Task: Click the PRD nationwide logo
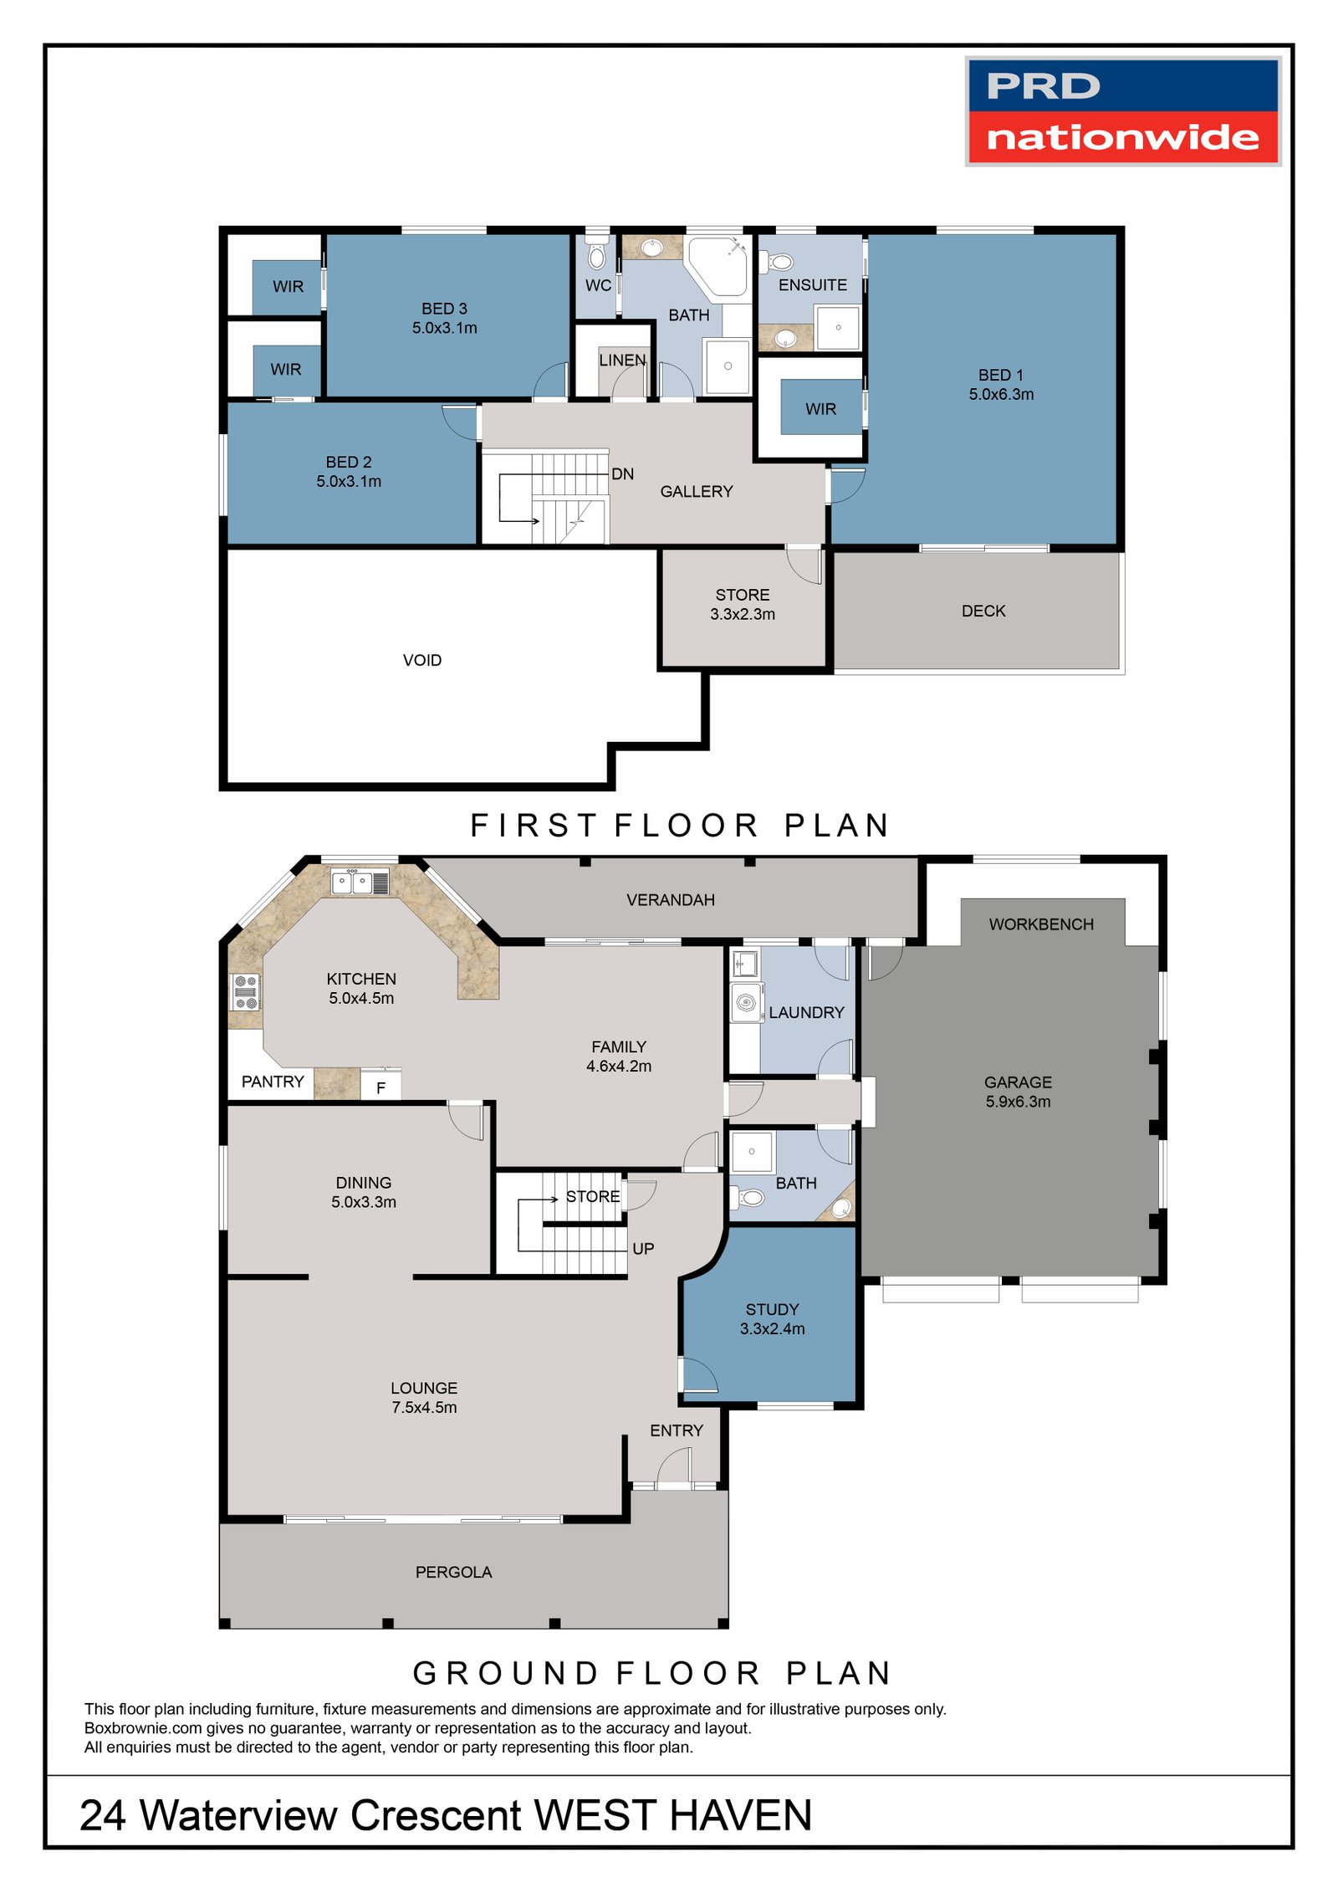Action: point(1122,111)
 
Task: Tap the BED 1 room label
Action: point(1000,376)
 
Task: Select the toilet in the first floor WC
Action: point(596,254)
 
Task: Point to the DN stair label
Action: point(622,474)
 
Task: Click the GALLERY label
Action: point(696,492)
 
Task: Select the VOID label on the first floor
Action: point(421,660)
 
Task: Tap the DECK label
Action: point(983,611)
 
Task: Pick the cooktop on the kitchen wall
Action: point(245,992)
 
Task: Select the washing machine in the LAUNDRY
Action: point(746,1002)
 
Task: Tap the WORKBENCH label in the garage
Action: point(1040,924)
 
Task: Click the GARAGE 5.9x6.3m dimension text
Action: point(1017,1102)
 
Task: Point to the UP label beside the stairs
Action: point(642,1249)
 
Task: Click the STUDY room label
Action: point(771,1309)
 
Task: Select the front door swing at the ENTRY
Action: point(675,1470)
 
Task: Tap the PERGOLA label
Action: point(453,1573)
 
